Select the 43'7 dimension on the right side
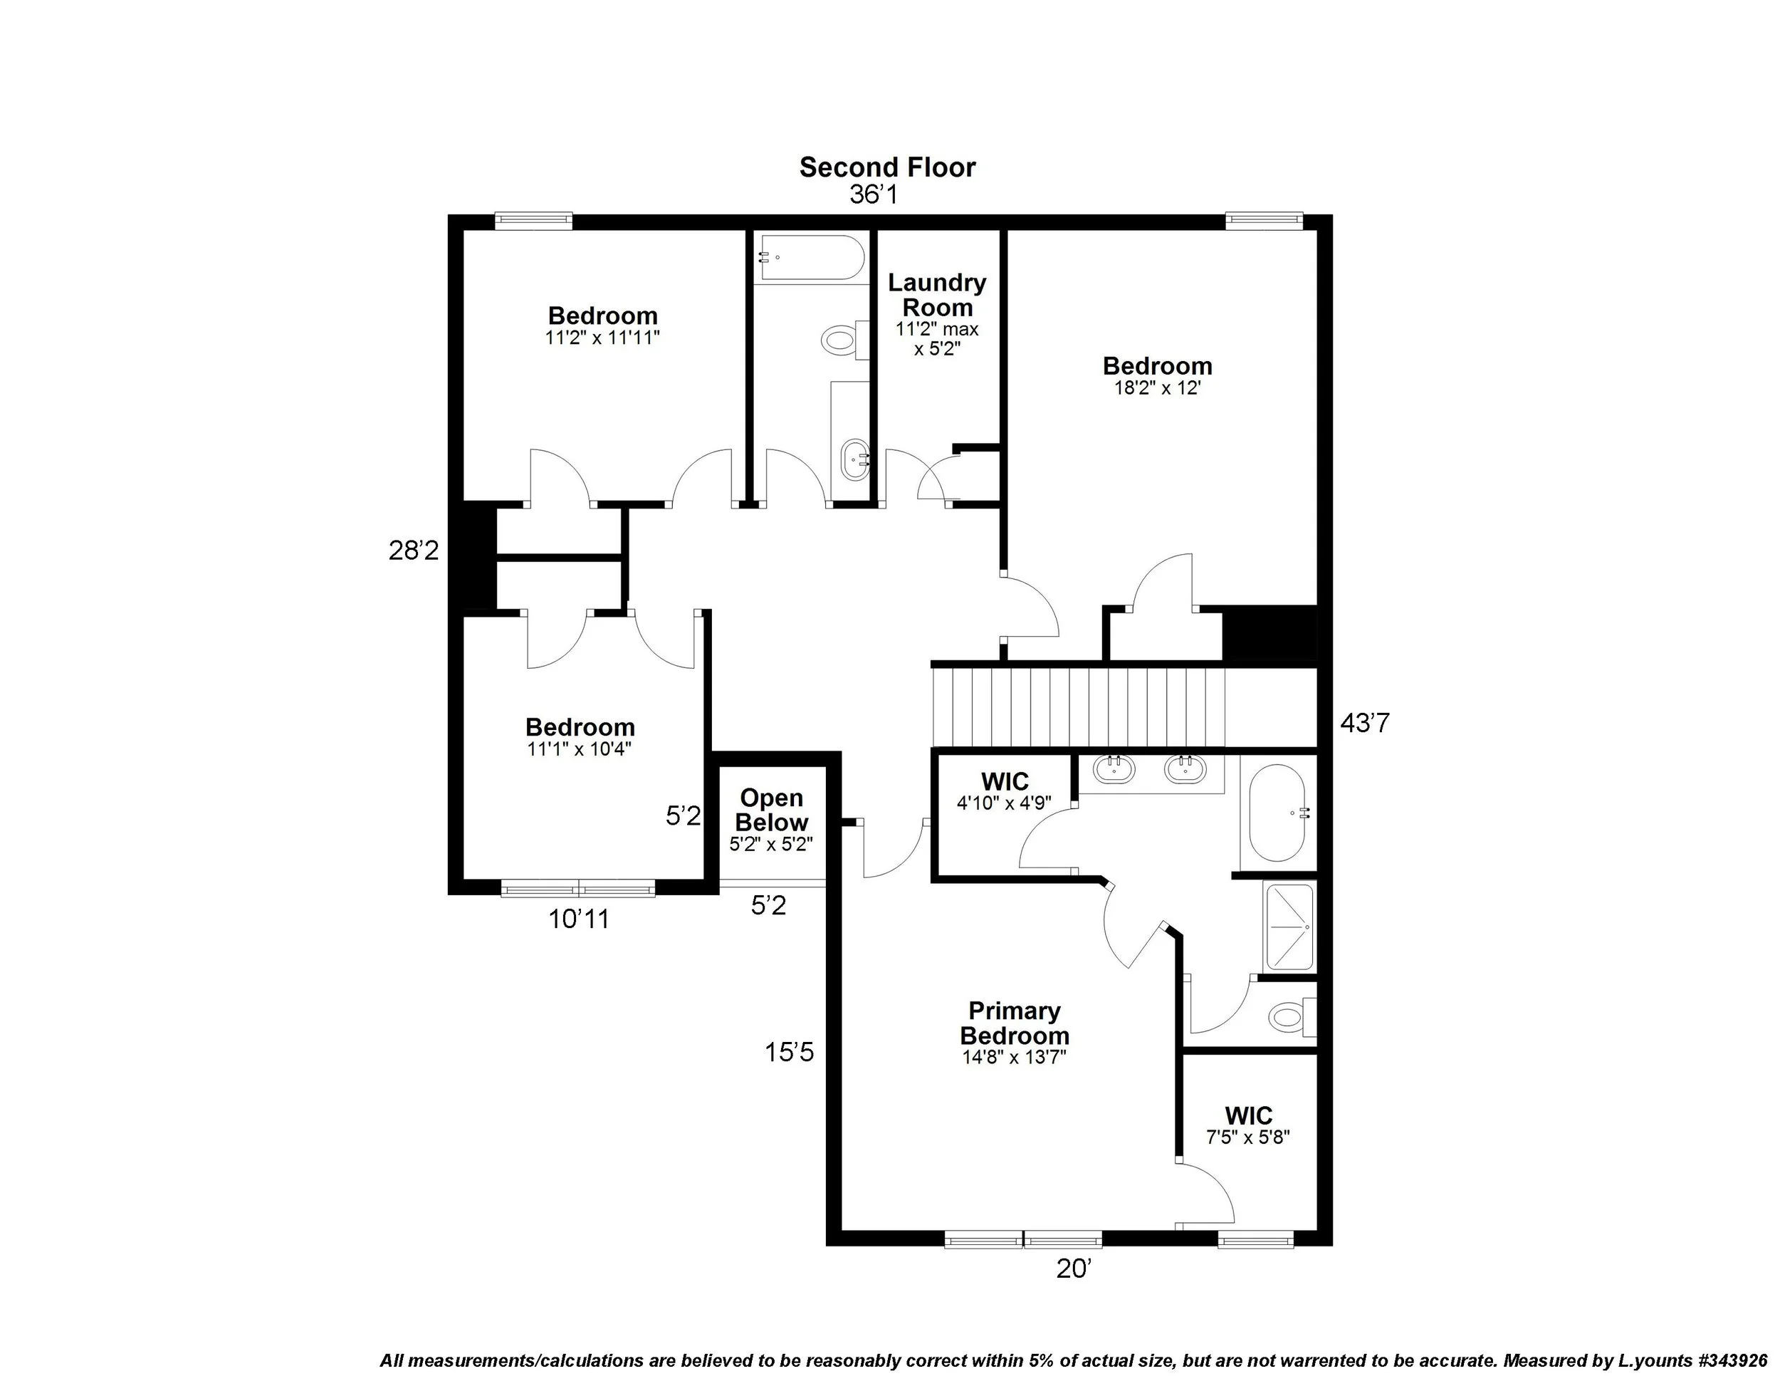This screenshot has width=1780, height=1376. (x=1363, y=723)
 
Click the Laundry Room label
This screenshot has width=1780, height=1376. (x=936, y=295)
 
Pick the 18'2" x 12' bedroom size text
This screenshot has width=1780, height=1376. (x=1157, y=389)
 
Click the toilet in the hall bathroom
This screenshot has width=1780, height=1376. (x=839, y=338)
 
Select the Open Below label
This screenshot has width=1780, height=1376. (x=771, y=810)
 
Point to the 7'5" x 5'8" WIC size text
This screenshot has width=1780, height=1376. (x=1248, y=1137)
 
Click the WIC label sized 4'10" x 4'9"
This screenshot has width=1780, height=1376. (x=1004, y=782)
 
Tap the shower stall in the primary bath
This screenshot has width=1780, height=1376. (x=1289, y=927)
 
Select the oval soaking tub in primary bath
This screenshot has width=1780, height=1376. (x=1278, y=813)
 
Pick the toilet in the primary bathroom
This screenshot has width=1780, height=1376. (x=1289, y=1016)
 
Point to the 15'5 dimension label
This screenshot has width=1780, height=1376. (x=789, y=1053)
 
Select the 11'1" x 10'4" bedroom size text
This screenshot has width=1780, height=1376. (x=579, y=749)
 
